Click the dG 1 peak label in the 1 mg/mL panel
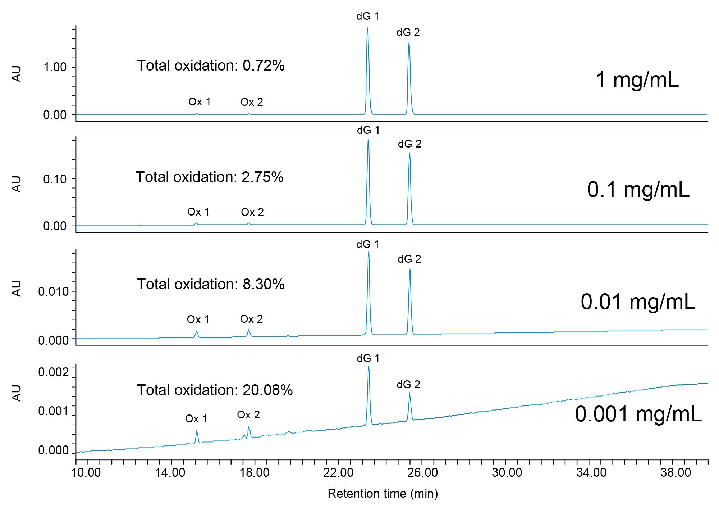[367, 17]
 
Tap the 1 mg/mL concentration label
[637, 80]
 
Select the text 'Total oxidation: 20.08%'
[215, 390]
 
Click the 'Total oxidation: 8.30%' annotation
[210, 284]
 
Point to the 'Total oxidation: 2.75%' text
[210, 177]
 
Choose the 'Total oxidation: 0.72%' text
[210, 65]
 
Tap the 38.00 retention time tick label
[676, 472]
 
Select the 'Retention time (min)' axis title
[383, 493]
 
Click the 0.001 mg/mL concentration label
[638, 414]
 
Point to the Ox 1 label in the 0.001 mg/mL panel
[196, 419]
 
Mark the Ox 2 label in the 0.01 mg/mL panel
[251, 319]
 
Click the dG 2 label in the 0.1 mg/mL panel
[409, 144]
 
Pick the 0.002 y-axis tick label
[53, 372]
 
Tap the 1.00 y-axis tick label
[55, 67]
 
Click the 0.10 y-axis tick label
[55, 179]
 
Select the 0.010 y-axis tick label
[53, 291]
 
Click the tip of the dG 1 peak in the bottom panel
[368, 367]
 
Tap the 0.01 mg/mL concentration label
[638, 302]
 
